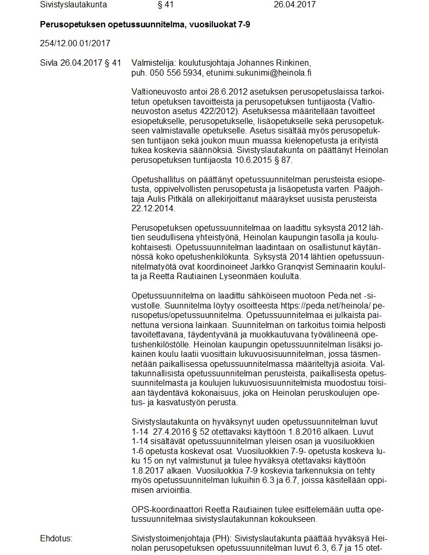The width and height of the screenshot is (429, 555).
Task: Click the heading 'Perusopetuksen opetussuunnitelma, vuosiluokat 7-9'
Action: click(145, 25)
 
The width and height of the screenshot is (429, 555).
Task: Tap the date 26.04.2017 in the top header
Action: click(294, 5)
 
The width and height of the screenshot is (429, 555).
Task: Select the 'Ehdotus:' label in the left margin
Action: click(56, 539)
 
